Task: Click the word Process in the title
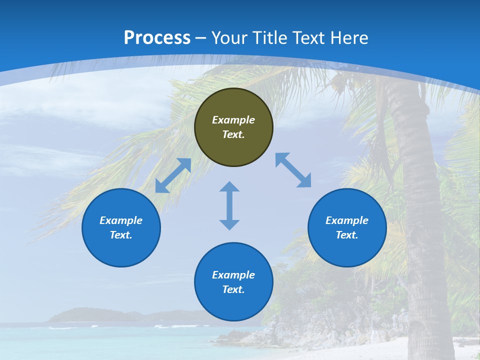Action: pos(157,38)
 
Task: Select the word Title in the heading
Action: pos(271,38)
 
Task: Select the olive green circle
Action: pos(233,147)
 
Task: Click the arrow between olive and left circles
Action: pos(173,175)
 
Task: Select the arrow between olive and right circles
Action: pos(293,170)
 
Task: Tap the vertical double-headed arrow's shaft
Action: pos(229,205)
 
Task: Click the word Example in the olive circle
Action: pos(233,120)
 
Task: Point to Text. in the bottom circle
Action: pos(233,289)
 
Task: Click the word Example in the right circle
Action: pos(347,220)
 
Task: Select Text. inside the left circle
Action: pos(121,235)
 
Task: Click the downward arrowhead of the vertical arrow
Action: pos(229,224)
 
